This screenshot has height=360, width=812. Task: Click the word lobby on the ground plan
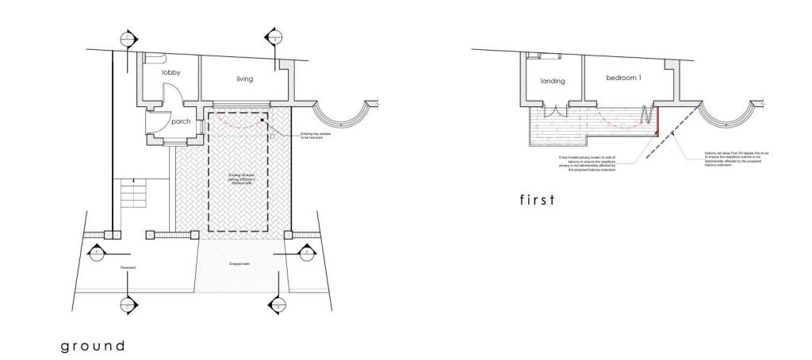pos(171,72)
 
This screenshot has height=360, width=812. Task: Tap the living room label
pos(244,79)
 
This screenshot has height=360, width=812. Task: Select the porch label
pos(181,121)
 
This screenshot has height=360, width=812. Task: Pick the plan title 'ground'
pos(94,346)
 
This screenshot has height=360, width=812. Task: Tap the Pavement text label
pos(128,268)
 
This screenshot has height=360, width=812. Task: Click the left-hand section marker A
pos(96,252)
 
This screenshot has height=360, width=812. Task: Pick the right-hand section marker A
pos(306,252)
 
